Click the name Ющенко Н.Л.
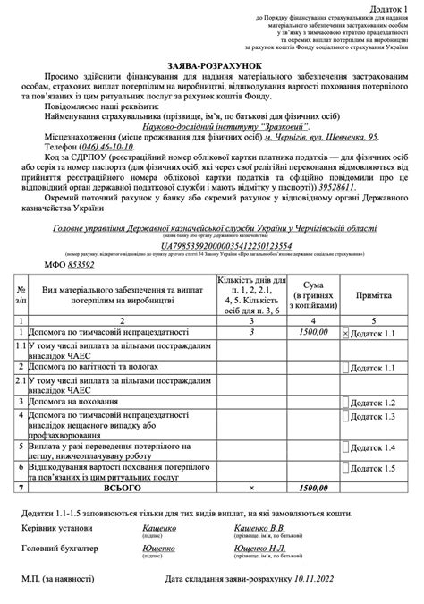259,548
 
